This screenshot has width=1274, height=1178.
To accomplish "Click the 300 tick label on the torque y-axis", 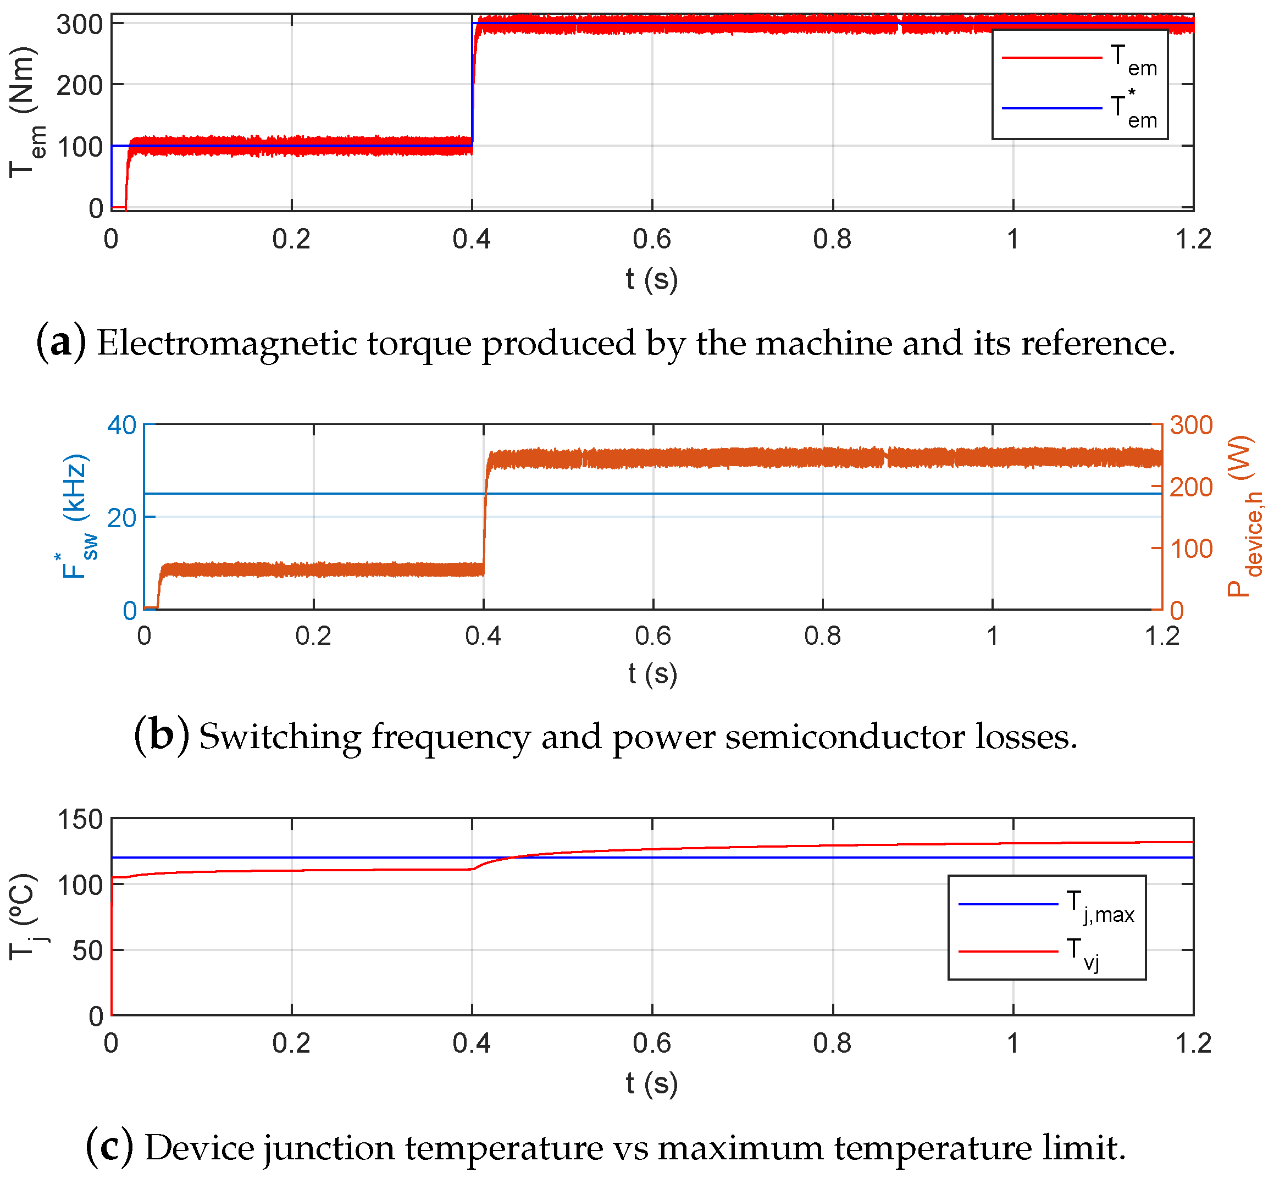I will tap(80, 25).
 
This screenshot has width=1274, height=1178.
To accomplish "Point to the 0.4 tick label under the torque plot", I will tap(472, 240).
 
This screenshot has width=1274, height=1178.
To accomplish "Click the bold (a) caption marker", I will tap(60, 343).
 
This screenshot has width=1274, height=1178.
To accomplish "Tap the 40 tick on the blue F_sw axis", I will tap(121, 424).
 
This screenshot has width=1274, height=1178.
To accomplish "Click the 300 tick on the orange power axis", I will tap(1190, 425).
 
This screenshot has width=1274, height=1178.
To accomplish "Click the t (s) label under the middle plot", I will tap(652, 674).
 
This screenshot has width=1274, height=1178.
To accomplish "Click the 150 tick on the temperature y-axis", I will tap(80, 820).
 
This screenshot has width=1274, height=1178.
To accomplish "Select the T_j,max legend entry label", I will tap(1099, 906).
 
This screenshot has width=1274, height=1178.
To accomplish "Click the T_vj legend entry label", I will tap(1083, 953).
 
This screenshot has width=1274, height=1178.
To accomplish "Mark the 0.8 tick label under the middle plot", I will tap(822, 636).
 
